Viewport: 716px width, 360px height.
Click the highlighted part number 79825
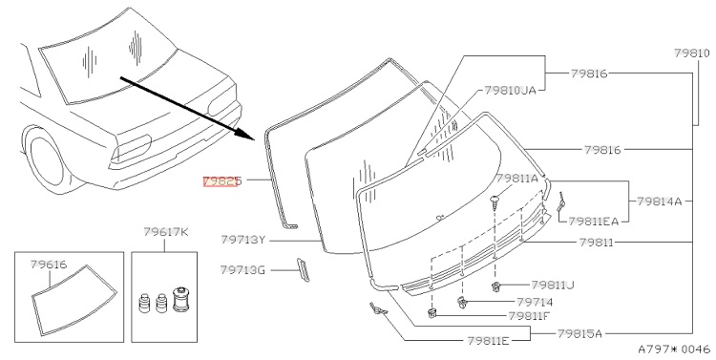click(221, 181)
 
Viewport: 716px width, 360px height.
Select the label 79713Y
click(242, 240)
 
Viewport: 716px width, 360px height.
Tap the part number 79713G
click(242, 270)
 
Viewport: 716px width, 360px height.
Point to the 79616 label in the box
click(49, 265)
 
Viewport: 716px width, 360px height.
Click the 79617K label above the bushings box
click(166, 232)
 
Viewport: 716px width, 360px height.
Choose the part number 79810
click(692, 53)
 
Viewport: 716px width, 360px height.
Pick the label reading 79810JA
click(510, 91)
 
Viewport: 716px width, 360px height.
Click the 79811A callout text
click(517, 179)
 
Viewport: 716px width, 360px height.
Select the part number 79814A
click(659, 201)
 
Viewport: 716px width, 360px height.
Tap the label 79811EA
click(593, 222)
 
